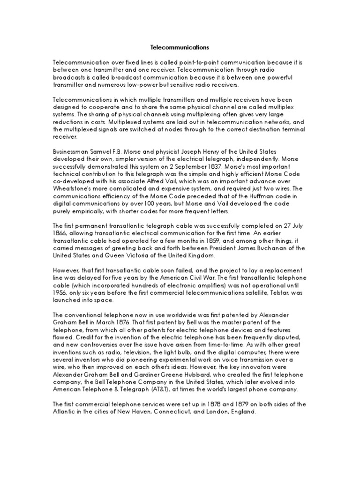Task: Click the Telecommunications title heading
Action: [180, 47]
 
